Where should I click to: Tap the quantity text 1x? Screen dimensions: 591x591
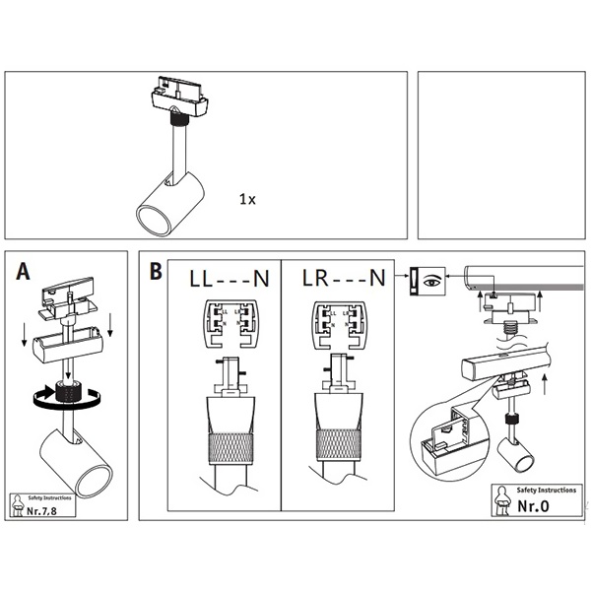click(247, 199)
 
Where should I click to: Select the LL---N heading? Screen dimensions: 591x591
click(228, 279)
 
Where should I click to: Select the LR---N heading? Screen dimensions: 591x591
click(344, 279)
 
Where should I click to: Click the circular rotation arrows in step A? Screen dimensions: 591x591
click(65, 398)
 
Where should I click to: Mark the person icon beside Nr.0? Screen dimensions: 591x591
click(503, 502)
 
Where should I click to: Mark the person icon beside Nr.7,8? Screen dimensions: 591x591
click(19, 506)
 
